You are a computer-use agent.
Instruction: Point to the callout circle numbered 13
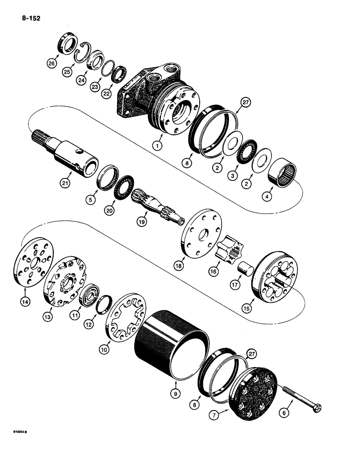[48, 315]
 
